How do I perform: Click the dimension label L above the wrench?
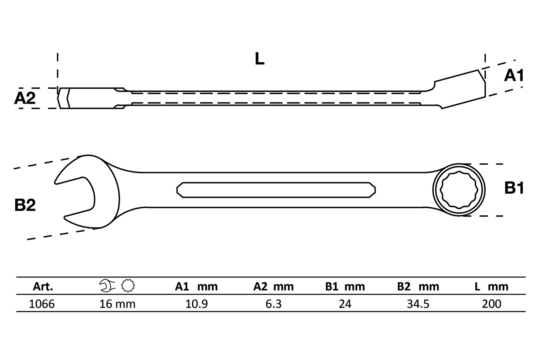259,59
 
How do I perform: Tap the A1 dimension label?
514,76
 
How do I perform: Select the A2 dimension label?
25,98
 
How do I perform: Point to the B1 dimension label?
514,188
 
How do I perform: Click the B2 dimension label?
25,205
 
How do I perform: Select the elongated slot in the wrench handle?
276,189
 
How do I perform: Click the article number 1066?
41,304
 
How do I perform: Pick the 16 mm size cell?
117,304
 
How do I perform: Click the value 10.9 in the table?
196,304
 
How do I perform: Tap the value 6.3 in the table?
273,304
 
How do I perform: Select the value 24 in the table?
345,304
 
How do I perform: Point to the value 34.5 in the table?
418,304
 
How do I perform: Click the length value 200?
491,304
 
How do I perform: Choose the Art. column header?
43,287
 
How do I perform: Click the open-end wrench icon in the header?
107,286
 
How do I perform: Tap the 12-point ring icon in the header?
128,286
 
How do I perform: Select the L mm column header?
491,287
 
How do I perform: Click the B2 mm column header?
418,287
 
